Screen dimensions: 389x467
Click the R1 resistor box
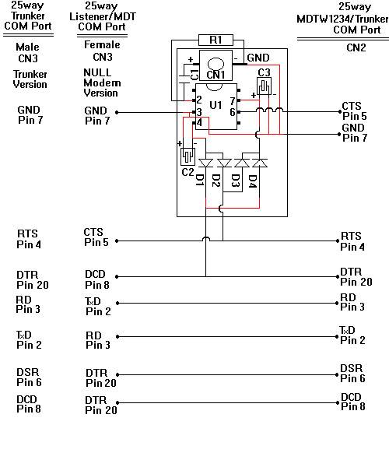tap(216, 40)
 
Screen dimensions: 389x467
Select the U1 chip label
tap(216, 105)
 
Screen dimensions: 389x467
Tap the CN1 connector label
tap(216, 75)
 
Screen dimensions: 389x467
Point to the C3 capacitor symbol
tap(264, 86)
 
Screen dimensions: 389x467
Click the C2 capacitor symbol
tap(187, 156)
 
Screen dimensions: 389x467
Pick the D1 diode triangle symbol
tap(206, 163)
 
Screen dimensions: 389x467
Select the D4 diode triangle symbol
tap(260, 163)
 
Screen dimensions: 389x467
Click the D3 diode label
tap(236, 181)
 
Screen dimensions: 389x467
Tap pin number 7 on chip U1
tap(233, 101)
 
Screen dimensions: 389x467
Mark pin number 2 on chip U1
tap(199, 100)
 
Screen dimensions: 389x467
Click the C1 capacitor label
tap(194, 75)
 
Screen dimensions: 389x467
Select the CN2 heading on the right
tap(356, 47)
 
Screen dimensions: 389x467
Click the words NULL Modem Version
tap(101, 83)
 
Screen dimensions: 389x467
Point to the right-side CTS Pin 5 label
tap(354, 111)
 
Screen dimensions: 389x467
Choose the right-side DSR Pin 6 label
tap(352, 374)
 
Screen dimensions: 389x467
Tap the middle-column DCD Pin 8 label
tap(97, 279)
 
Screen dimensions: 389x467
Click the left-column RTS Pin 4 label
tap(29, 239)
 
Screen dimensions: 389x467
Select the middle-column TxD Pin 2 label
tap(98, 307)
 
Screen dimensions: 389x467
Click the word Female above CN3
tap(102, 45)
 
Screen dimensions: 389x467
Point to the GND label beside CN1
tap(258, 58)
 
